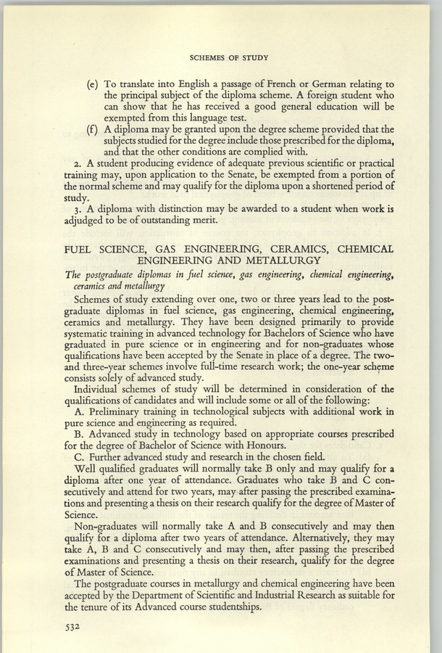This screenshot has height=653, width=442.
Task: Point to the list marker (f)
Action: pyautogui.click(x=92, y=130)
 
